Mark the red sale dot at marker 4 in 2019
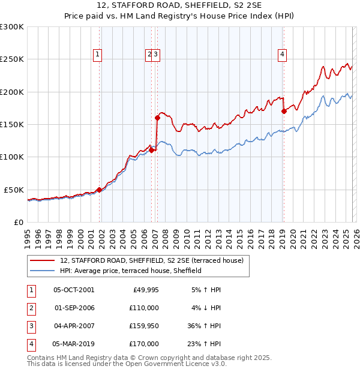[x=284, y=111]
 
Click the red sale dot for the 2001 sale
[x=99, y=190]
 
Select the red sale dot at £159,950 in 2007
[x=157, y=118]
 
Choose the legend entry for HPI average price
[x=130, y=271]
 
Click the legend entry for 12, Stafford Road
[x=151, y=260]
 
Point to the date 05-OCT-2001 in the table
[x=74, y=290]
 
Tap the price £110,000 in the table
[x=145, y=308]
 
